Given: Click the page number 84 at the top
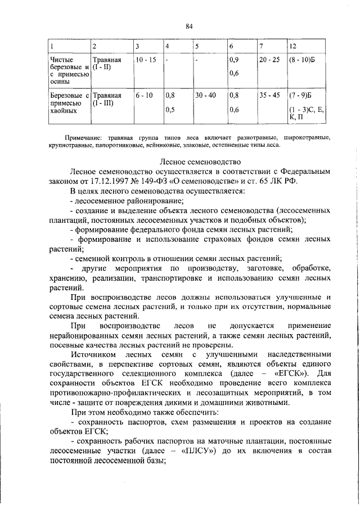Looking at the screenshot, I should tap(189, 25).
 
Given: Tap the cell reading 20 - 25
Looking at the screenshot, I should tap(268, 59).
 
